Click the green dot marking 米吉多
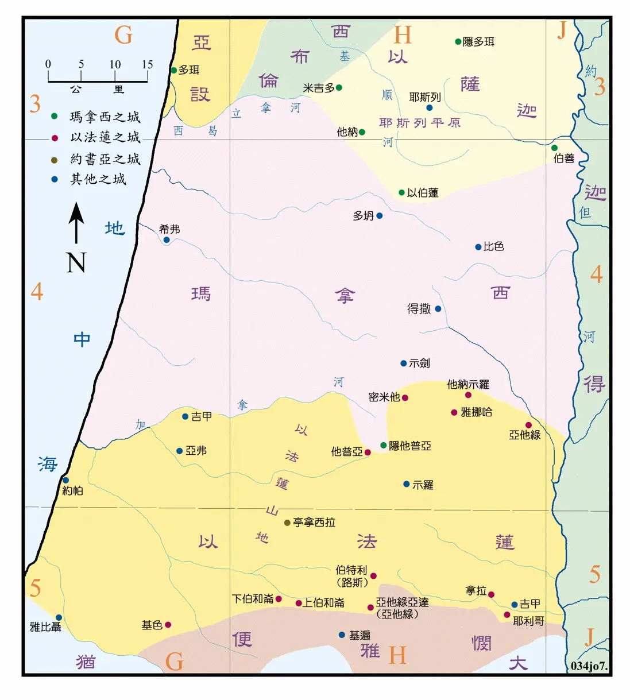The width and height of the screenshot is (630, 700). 339,88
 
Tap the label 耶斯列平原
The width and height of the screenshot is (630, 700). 420,123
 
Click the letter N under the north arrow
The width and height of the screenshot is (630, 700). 76,263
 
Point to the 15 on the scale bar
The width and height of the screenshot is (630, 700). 148,64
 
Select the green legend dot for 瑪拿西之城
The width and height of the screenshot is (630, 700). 55,117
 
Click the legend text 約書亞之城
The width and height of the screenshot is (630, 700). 105,158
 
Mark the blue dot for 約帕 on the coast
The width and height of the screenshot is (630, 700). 65,481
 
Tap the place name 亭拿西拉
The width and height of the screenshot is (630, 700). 314,523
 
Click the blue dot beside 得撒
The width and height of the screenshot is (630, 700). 438,309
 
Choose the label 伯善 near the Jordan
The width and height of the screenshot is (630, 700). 564,158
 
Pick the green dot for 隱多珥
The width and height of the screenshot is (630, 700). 458,41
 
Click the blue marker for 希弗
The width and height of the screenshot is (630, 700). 167,240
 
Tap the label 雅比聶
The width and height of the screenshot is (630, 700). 45,627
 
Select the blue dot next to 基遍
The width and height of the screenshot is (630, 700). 342,635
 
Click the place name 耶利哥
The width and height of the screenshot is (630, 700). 528,621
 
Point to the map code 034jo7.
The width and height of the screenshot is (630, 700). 589,666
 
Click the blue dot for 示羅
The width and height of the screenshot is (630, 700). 406,485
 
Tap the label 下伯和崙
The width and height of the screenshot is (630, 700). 253,599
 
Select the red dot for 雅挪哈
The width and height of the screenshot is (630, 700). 454,412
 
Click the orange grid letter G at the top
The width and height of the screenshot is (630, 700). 123,36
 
